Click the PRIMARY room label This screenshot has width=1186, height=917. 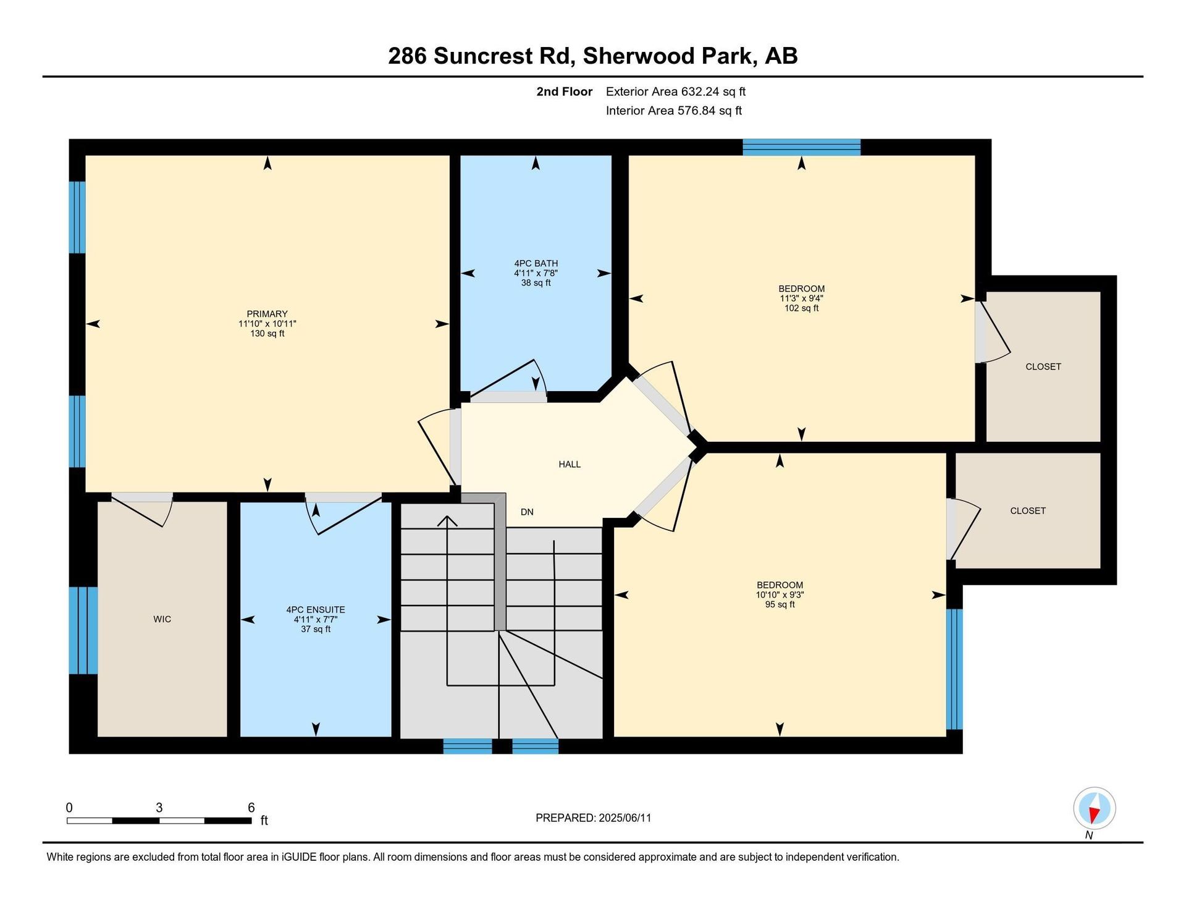(267, 314)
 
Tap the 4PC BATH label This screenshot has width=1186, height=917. (536, 263)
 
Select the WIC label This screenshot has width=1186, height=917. (162, 619)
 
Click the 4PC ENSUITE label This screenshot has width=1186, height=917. (316, 610)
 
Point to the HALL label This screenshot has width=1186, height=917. (570, 464)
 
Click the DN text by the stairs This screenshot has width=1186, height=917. (527, 512)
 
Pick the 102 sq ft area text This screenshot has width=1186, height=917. (802, 308)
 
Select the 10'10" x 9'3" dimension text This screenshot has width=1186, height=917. (780, 595)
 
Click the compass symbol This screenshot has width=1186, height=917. (1095, 808)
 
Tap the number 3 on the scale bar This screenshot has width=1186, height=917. (159, 808)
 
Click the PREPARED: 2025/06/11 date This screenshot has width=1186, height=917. (594, 818)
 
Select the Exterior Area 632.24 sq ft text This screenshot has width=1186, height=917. (676, 91)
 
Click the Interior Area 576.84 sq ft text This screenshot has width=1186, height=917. (674, 111)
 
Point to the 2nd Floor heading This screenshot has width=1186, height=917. (565, 91)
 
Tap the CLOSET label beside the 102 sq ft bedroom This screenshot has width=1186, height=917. (1043, 366)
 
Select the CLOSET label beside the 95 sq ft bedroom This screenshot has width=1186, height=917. (1028, 511)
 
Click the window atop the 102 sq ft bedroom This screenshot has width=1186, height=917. (802, 147)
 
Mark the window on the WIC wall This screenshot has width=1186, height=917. (83, 630)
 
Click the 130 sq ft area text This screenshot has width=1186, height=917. (267, 334)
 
